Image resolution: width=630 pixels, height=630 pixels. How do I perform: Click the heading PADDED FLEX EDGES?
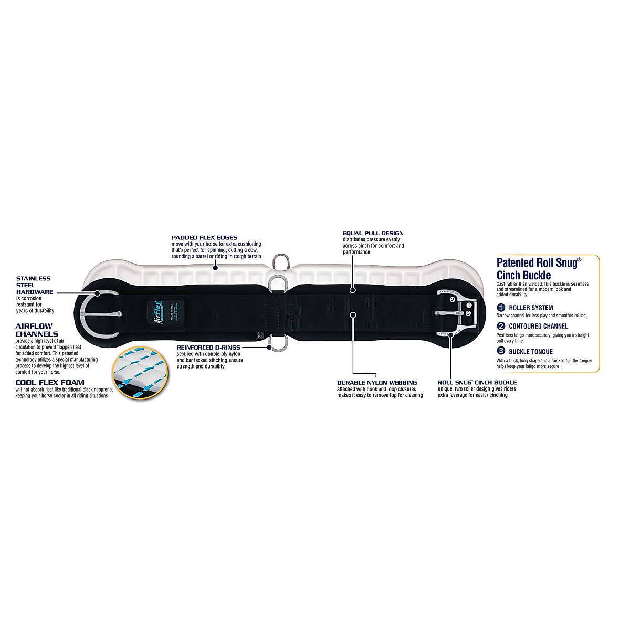[197, 237]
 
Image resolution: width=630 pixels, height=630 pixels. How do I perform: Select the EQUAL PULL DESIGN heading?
[373, 233]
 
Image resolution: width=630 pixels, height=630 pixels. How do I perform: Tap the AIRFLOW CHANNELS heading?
[37, 330]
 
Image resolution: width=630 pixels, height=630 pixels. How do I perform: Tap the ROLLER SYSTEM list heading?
[530, 308]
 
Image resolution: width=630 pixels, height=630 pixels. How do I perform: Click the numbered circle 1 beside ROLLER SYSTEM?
[501, 308]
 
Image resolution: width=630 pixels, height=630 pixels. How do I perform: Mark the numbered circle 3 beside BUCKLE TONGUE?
[501, 352]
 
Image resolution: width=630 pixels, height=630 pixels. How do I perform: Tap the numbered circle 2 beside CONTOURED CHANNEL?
[501, 326]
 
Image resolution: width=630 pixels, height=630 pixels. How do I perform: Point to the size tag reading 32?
[259, 334]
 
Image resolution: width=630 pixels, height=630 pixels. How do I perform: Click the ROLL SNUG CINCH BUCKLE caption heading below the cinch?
[477, 382]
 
